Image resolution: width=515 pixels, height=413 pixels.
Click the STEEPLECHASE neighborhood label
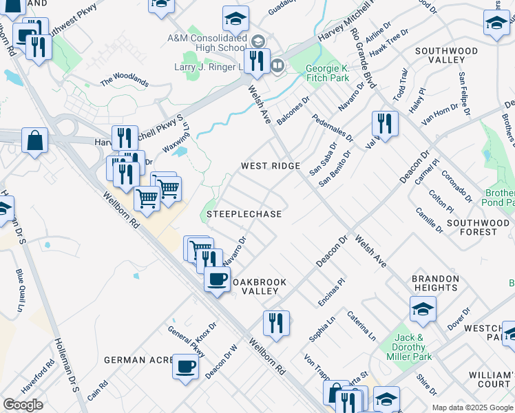pos(244,215)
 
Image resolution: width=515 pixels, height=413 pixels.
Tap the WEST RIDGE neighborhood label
pos(271,167)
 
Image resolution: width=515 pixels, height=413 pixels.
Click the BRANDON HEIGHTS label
pos(435,284)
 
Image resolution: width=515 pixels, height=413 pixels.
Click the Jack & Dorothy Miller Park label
pos(414,348)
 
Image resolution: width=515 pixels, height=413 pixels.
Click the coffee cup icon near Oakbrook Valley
pos(217,279)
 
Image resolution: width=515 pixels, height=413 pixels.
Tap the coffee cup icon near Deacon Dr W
pos(185,366)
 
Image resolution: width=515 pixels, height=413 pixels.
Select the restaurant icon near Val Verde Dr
pos(384,123)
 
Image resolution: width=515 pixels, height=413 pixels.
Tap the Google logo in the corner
pos(23,405)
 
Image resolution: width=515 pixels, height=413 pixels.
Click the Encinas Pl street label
pos(330,294)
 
